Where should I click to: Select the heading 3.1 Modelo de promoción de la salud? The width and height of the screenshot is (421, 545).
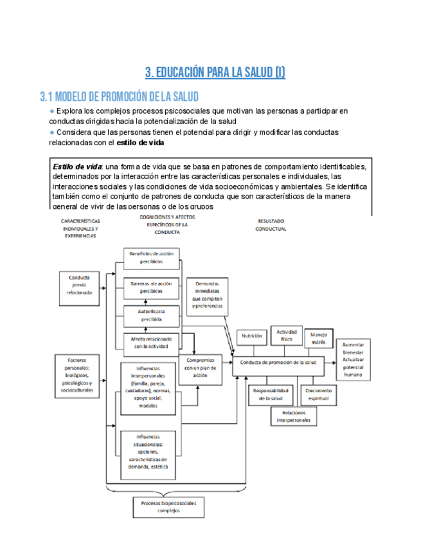point(119,97)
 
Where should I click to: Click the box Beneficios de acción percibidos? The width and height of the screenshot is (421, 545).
point(151,258)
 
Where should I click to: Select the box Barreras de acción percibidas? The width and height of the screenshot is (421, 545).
point(151,287)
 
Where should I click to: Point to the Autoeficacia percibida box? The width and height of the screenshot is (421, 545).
point(151,315)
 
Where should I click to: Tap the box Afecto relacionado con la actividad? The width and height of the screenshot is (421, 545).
point(151,342)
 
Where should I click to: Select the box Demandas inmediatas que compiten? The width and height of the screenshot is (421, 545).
point(208,296)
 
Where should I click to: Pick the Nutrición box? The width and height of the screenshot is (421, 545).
point(251,335)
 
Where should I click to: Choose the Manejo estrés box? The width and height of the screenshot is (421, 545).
point(319,338)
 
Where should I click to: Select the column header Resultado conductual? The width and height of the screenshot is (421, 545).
point(271,224)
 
